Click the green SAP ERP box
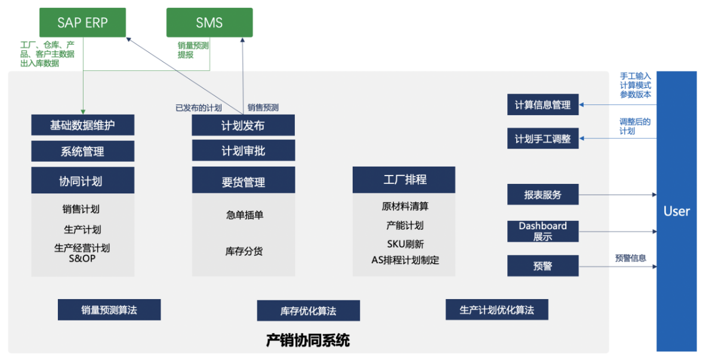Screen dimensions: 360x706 click(x=82, y=23)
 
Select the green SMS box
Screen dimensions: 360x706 click(x=209, y=23)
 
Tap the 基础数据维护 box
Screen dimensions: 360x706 click(x=82, y=125)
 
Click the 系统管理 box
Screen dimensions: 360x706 click(x=82, y=152)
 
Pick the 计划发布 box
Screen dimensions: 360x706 click(x=243, y=125)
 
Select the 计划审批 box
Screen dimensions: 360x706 click(x=243, y=151)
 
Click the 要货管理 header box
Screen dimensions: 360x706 click(x=243, y=181)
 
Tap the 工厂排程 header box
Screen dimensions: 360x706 click(x=404, y=180)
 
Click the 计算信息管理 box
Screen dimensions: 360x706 click(x=542, y=105)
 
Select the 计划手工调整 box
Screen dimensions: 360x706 click(x=542, y=139)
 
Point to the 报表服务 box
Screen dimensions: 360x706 click(x=542, y=195)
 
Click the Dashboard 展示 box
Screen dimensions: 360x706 click(x=542, y=231)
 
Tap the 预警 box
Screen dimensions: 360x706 click(x=542, y=266)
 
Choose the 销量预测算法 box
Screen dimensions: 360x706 click(x=109, y=310)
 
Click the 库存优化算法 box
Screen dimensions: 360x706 click(x=308, y=311)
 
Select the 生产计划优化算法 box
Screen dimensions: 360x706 click(x=497, y=310)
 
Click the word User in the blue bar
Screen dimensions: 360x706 click(x=677, y=211)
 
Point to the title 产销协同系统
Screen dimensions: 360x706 click(x=308, y=341)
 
